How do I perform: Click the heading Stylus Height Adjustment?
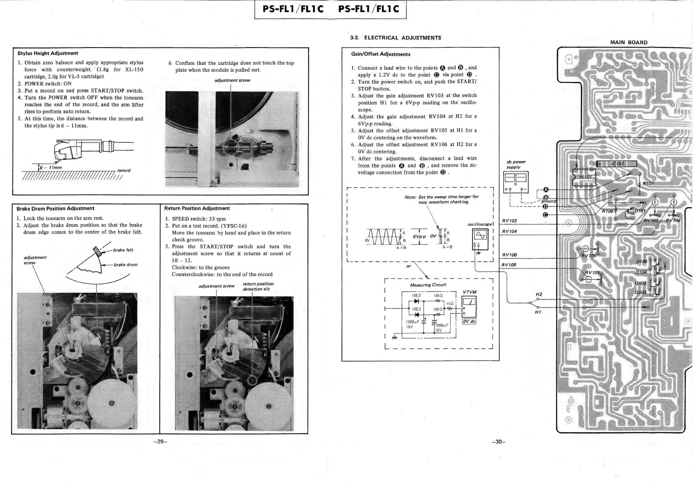tap(48, 53)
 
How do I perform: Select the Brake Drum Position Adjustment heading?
tap(55, 208)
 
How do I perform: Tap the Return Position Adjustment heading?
tap(197, 208)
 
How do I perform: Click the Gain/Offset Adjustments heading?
tap(381, 54)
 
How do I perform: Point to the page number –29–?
tap(160, 442)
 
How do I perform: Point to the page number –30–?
tap(498, 442)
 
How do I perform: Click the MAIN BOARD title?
tap(629, 42)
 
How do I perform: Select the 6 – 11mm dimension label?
tap(50, 167)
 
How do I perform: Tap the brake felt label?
tap(123, 250)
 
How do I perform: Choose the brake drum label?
tap(125, 265)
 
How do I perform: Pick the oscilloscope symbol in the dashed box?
tap(480, 239)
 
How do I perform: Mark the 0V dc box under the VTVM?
tap(469, 321)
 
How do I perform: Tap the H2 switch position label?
tap(539, 295)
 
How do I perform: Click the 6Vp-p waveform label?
tap(419, 237)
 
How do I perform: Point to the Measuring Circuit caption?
tap(428, 285)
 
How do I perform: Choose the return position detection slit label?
tap(258, 286)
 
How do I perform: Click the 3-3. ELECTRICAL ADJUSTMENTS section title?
tap(395, 38)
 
